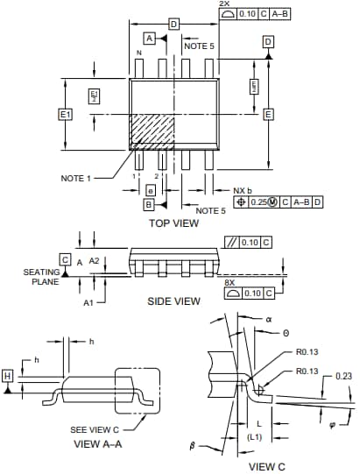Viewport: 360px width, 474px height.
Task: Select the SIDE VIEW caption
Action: tap(173, 301)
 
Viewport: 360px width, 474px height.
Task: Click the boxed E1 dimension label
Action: tap(64, 115)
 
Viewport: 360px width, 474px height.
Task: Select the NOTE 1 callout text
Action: tap(76, 179)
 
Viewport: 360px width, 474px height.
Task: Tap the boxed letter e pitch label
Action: tap(151, 190)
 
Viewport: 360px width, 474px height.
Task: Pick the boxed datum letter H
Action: tap(8, 376)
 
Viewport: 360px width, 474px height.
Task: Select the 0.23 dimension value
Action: tap(343, 377)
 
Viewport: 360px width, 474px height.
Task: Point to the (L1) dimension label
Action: tap(255, 435)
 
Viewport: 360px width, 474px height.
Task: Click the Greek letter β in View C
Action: tap(193, 446)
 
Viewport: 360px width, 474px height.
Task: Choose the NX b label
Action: tap(243, 190)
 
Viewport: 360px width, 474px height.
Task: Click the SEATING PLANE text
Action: tap(40, 277)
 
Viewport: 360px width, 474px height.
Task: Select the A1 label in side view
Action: tap(88, 302)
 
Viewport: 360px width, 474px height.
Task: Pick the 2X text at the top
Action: tap(224, 4)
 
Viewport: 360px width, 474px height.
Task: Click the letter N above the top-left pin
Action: tap(138, 53)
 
